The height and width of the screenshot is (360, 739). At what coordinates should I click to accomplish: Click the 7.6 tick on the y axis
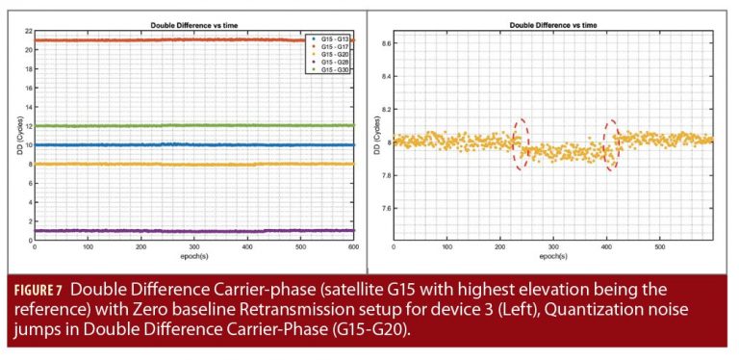coord(386,207)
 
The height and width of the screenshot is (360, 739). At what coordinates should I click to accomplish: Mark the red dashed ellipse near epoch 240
coord(521,144)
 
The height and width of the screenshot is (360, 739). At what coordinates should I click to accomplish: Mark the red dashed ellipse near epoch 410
coord(611,144)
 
